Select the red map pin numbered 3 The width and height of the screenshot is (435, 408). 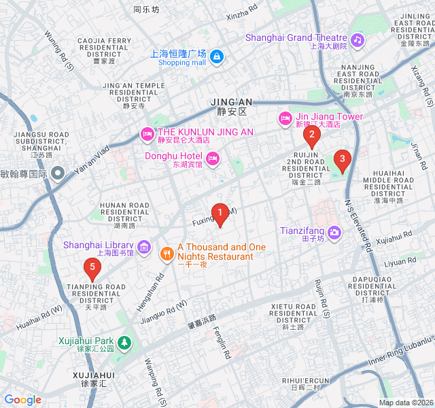(x=342, y=160)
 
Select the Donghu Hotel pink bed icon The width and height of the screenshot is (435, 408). (x=213, y=158)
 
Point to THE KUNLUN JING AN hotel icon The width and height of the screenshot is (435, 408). (x=146, y=133)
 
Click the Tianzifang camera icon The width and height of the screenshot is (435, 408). (x=334, y=233)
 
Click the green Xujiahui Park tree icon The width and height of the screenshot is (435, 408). (x=124, y=342)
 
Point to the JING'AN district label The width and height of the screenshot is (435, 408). (x=231, y=102)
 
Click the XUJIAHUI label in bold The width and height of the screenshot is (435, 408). (x=94, y=375)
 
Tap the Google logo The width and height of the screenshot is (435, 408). (x=23, y=400)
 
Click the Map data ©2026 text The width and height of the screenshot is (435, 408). (x=405, y=403)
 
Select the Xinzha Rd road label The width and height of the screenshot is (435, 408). (x=242, y=12)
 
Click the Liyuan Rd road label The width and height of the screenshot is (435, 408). (x=399, y=262)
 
